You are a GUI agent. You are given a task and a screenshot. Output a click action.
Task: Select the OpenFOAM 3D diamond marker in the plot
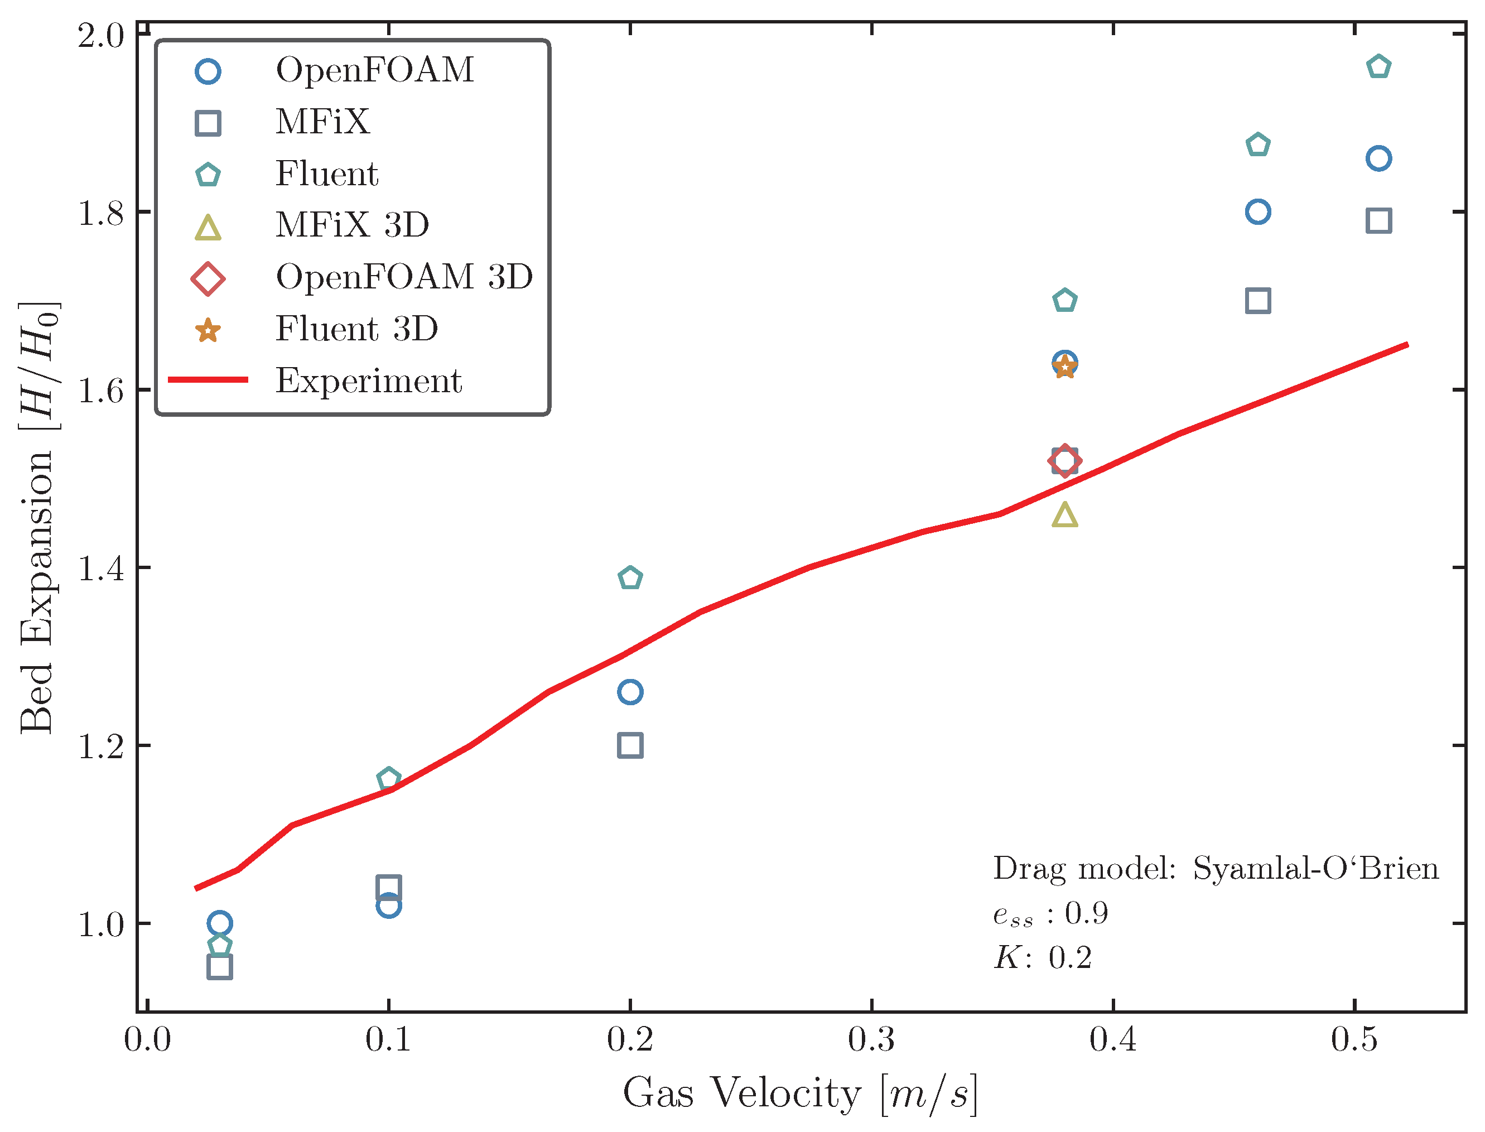click(x=1064, y=461)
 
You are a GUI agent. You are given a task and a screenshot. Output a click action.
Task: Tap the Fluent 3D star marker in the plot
click(x=1064, y=368)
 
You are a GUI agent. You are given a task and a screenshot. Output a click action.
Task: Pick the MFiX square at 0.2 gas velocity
click(x=630, y=745)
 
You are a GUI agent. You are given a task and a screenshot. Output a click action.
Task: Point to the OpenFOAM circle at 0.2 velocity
click(x=630, y=692)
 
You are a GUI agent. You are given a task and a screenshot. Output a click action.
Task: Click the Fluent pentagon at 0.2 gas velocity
click(x=630, y=578)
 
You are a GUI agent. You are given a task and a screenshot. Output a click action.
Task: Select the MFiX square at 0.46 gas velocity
click(x=1258, y=301)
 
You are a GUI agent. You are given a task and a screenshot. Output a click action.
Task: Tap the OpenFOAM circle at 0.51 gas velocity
click(x=1378, y=159)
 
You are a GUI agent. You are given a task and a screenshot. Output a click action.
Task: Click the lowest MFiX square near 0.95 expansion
click(x=220, y=967)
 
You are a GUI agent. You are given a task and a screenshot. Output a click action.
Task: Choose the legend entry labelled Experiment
click(x=369, y=380)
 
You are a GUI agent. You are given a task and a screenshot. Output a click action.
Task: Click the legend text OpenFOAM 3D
click(x=404, y=276)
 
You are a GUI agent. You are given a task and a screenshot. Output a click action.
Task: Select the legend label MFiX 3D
click(x=351, y=224)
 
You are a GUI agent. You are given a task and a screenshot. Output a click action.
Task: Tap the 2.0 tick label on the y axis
click(x=101, y=36)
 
